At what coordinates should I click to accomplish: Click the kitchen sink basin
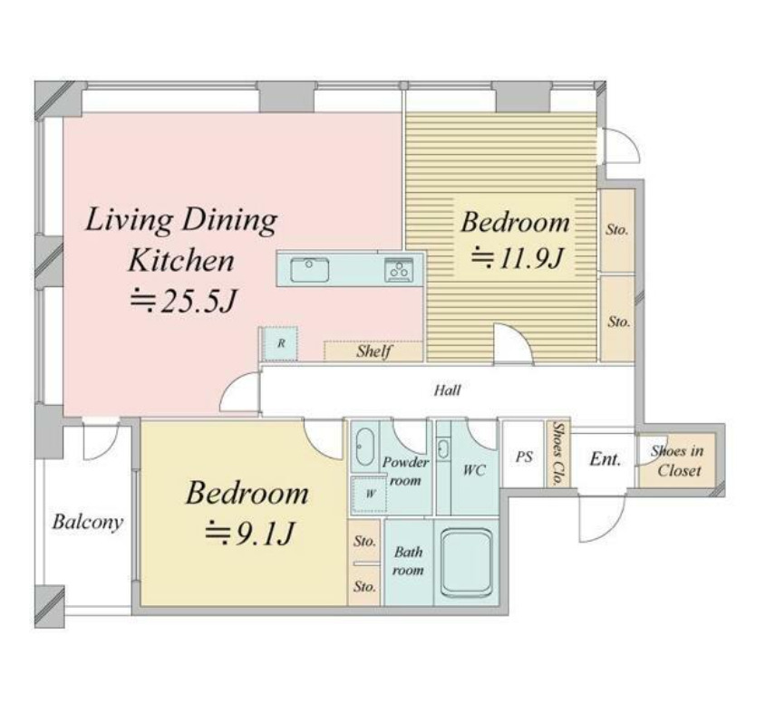click(x=309, y=270)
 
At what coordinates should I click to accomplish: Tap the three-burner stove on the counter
click(x=399, y=270)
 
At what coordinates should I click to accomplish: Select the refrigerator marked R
click(x=278, y=343)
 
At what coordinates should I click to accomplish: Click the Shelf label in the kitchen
click(x=373, y=351)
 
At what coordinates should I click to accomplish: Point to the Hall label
click(x=448, y=390)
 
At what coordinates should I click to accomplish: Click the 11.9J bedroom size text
click(x=517, y=258)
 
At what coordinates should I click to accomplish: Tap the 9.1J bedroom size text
click(x=249, y=533)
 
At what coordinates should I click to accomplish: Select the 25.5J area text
click(x=183, y=301)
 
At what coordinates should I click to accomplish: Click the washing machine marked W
click(x=369, y=494)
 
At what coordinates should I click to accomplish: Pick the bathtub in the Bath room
click(x=466, y=563)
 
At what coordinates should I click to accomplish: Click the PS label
click(x=524, y=457)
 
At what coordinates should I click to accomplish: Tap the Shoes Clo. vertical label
click(x=557, y=453)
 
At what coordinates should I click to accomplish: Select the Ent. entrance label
click(x=605, y=459)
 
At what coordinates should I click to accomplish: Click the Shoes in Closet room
click(x=677, y=460)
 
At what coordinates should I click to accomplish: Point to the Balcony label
click(x=87, y=523)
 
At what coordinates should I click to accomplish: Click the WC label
click(x=474, y=470)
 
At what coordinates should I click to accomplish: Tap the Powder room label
click(x=405, y=471)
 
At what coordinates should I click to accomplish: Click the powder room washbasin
click(x=442, y=448)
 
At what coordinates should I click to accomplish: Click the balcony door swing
click(x=101, y=441)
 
